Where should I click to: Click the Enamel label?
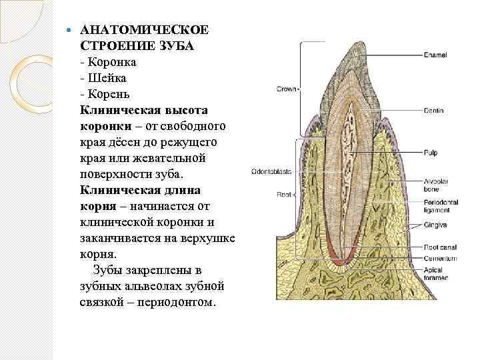click(435, 54)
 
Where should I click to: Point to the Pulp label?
click(431, 153)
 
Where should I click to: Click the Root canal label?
click(439, 247)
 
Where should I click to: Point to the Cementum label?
click(439, 258)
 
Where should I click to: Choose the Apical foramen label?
click(436, 273)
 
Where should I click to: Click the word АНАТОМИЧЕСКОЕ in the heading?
click(144, 32)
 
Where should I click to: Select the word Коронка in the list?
click(118, 62)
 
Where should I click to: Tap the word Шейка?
click(112, 77)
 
